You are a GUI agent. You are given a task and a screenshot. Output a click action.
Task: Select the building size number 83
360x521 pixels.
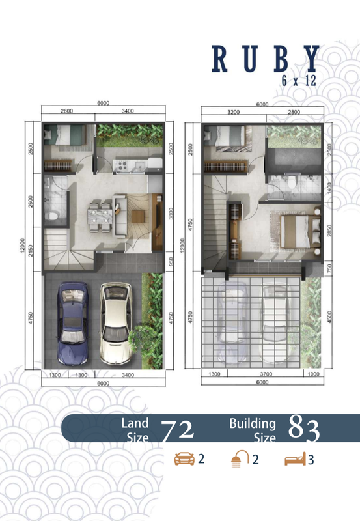tap(304, 430)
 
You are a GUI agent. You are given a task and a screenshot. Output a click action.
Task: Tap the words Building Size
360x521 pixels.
tap(252, 430)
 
